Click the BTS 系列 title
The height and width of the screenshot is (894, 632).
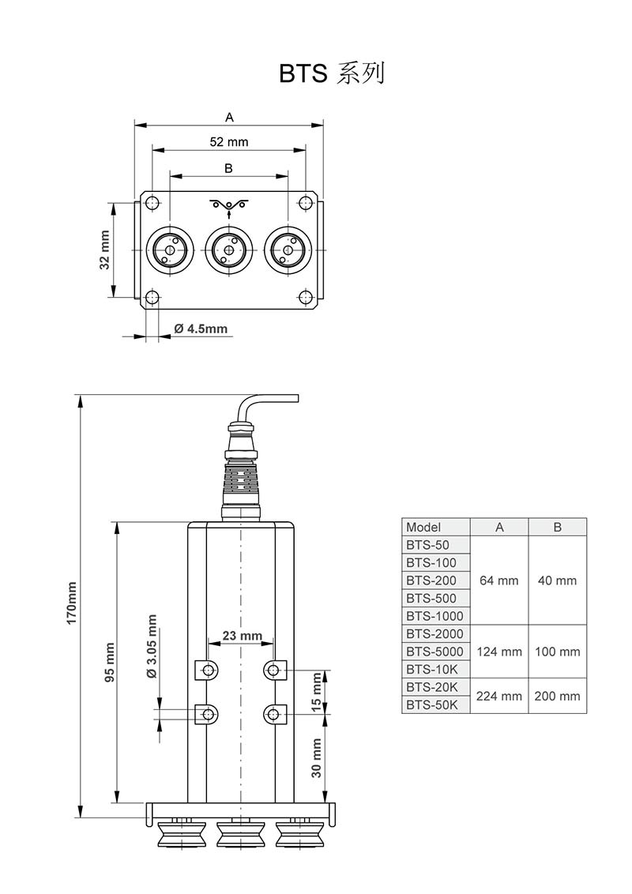(x=332, y=73)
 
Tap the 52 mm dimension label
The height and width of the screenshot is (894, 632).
(x=229, y=142)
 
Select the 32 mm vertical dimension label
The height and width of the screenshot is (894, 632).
(x=104, y=250)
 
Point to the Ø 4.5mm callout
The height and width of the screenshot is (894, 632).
(x=200, y=329)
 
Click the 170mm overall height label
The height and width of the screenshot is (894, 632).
(x=72, y=604)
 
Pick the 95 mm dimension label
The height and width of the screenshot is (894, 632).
(x=110, y=662)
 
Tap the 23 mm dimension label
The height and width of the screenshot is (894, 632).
(x=242, y=636)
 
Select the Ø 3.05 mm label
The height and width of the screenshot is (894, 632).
(x=152, y=647)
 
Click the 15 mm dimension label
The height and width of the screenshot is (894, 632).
(x=318, y=693)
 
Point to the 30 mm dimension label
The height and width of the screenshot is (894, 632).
(x=318, y=758)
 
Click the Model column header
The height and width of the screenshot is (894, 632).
(x=423, y=527)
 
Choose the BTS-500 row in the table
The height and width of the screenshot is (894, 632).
(x=431, y=598)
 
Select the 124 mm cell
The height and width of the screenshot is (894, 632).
(x=499, y=652)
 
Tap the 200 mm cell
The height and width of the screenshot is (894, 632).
(x=557, y=696)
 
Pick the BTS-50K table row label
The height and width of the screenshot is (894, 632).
(x=432, y=705)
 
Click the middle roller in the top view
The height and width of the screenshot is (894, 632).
(x=228, y=250)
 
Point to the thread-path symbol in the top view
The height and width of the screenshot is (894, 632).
(x=229, y=206)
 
